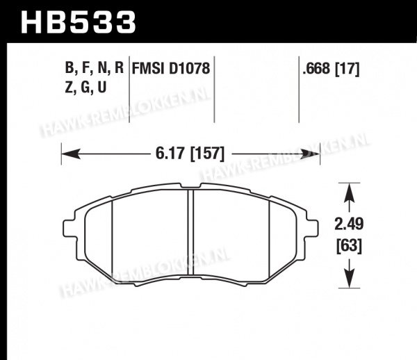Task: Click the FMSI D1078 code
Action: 171,68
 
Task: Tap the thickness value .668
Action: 316,69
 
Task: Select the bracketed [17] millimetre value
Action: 347,69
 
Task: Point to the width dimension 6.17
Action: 170,154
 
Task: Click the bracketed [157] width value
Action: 208,154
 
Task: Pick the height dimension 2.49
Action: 349,224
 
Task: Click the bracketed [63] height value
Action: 349,245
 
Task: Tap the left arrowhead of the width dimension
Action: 71,154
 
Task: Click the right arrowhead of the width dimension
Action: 311,154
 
